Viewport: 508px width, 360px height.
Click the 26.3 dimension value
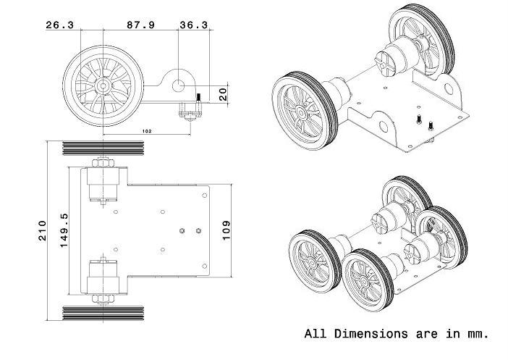tap(59, 25)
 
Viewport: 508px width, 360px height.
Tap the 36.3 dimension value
tap(193, 25)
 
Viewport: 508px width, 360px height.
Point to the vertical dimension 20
tap(223, 93)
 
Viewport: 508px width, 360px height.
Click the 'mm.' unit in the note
tap(478, 334)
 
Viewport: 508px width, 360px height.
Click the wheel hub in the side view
tap(103, 85)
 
